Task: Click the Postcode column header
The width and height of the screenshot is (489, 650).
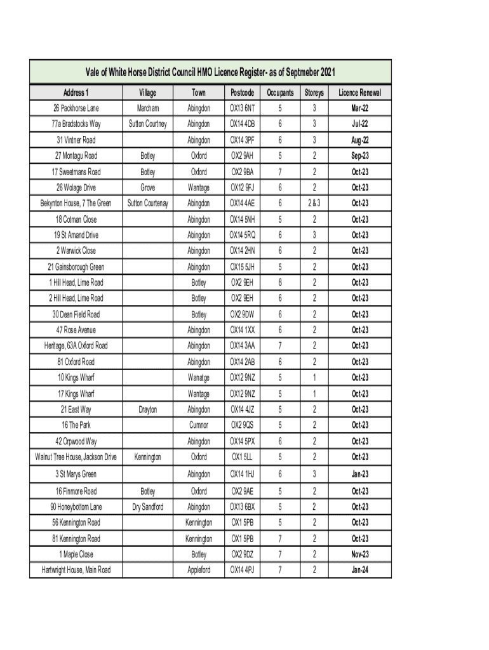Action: [x=243, y=93]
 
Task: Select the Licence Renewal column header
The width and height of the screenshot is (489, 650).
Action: [x=360, y=93]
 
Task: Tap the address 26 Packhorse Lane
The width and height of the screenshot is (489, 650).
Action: [x=76, y=108]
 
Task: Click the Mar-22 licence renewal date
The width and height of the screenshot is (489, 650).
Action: [x=360, y=108]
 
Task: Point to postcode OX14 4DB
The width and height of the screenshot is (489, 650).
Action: [x=243, y=123]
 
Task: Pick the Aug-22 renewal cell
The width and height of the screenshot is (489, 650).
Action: [x=360, y=140]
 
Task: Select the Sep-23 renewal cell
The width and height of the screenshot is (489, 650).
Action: [x=360, y=156]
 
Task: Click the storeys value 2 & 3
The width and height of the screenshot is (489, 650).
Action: [x=314, y=203]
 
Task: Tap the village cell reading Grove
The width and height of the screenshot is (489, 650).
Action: [x=147, y=187]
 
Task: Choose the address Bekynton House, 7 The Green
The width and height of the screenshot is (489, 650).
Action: [x=76, y=203]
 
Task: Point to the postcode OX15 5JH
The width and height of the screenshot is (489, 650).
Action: [x=243, y=267]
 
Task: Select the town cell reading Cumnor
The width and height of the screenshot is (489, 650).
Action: [x=199, y=425]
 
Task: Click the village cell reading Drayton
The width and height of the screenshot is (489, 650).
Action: [x=147, y=409]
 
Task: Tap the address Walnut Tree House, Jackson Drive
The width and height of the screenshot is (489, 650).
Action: [x=76, y=457]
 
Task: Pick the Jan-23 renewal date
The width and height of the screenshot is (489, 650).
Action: [x=360, y=474]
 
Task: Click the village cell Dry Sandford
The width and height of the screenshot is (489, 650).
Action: [x=147, y=507]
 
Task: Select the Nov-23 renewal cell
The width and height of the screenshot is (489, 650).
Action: [x=360, y=554]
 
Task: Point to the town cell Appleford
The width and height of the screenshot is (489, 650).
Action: [x=199, y=570]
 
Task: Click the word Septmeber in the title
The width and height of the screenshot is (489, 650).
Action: [x=296, y=72]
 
